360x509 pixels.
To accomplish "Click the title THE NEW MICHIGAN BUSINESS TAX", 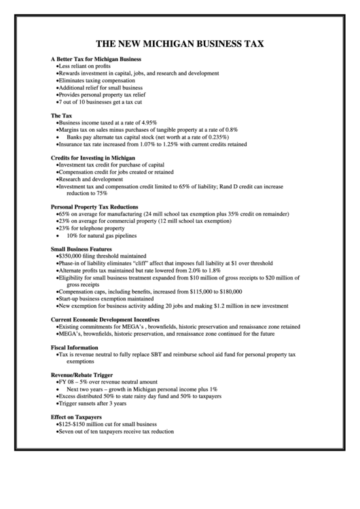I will (180, 43).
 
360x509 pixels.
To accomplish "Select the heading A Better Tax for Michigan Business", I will (96, 59).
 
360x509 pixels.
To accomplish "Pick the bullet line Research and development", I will (91, 179).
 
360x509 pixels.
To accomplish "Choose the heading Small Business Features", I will (82, 249).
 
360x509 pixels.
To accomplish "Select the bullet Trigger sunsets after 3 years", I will (92, 404).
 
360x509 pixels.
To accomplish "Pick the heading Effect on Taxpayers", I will (76, 417).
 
